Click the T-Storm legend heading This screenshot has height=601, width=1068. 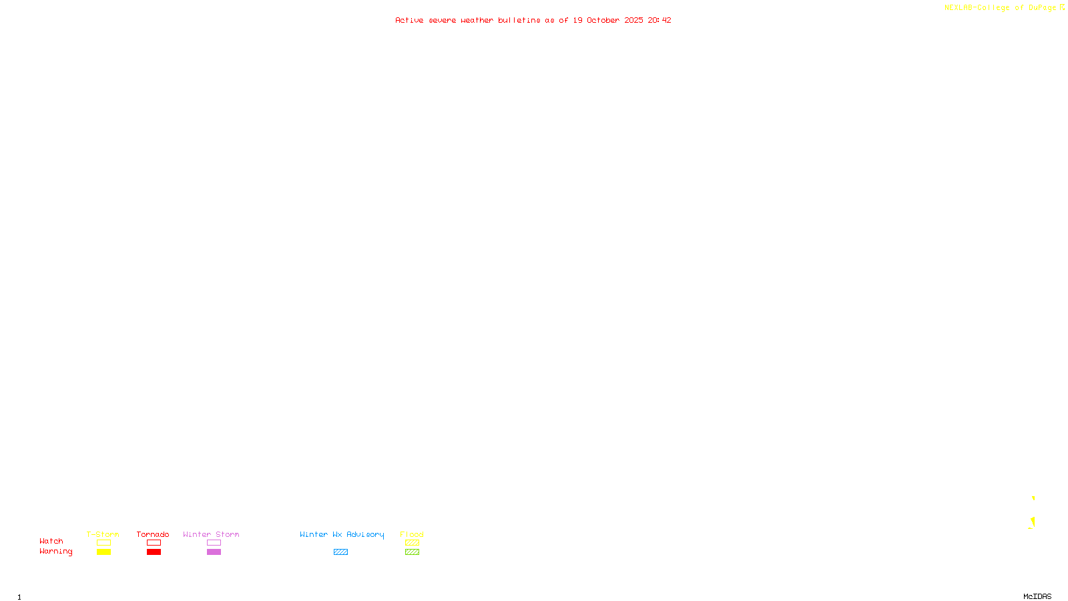pos(103,534)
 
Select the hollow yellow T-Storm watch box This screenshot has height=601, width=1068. pos(103,543)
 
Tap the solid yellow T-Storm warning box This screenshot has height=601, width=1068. pos(103,552)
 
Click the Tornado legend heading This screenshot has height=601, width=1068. pos(153,534)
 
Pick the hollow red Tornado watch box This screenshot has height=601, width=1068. pos(154,543)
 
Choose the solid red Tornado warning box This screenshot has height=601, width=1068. pos(154,552)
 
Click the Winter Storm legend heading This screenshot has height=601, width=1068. pos(211,534)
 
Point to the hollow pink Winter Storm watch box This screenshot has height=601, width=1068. pos(214,543)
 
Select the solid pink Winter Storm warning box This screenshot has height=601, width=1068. pos(214,552)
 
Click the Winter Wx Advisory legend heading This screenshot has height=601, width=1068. pos(342,534)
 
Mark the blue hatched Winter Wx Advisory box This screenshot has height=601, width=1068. pos(340,552)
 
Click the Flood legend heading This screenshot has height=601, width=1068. pos(412,534)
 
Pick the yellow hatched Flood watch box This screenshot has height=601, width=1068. pos(412,543)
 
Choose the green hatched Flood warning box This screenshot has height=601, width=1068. pos(412,552)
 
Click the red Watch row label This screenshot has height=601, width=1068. pos(51,542)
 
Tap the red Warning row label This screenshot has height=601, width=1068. pos(55,552)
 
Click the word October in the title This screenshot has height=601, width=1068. pos(603,20)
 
